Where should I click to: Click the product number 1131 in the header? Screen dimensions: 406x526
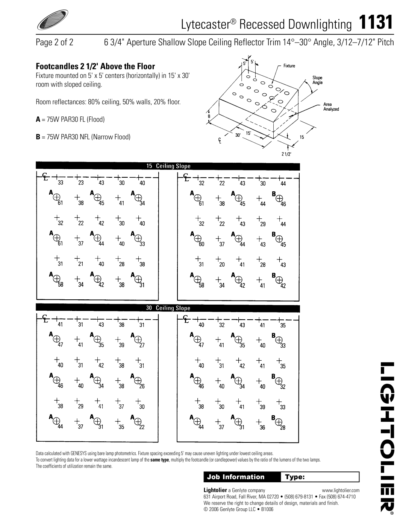coord(376,22)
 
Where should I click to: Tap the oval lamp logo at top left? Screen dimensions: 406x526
coord(53,20)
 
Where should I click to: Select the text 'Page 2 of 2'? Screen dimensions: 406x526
coord(55,43)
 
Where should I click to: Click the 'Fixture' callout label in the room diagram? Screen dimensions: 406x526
coord(289,66)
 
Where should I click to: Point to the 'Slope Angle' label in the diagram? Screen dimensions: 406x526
coord(317,80)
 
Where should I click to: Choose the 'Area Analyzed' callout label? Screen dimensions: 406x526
coord(331,107)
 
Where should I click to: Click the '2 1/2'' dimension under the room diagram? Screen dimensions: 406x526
coord(286,154)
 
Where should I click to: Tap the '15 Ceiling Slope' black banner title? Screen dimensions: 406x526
coord(168,166)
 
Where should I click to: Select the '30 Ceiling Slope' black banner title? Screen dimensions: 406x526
coord(168,308)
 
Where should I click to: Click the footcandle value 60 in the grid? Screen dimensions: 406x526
coord(201,244)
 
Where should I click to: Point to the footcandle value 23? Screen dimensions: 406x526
coord(81,183)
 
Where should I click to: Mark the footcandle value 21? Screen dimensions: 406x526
coord(81,264)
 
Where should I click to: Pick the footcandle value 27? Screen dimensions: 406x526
coord(142,345)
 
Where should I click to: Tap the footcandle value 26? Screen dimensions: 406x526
coord(142,386)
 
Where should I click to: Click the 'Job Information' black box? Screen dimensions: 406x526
coord(242,477)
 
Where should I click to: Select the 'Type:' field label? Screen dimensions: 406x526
coord(295,477)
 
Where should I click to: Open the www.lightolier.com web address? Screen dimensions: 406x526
coord(341,490)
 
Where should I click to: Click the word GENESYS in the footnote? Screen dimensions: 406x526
coord(79,453)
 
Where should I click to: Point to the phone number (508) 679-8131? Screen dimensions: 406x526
coord(298,497)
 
